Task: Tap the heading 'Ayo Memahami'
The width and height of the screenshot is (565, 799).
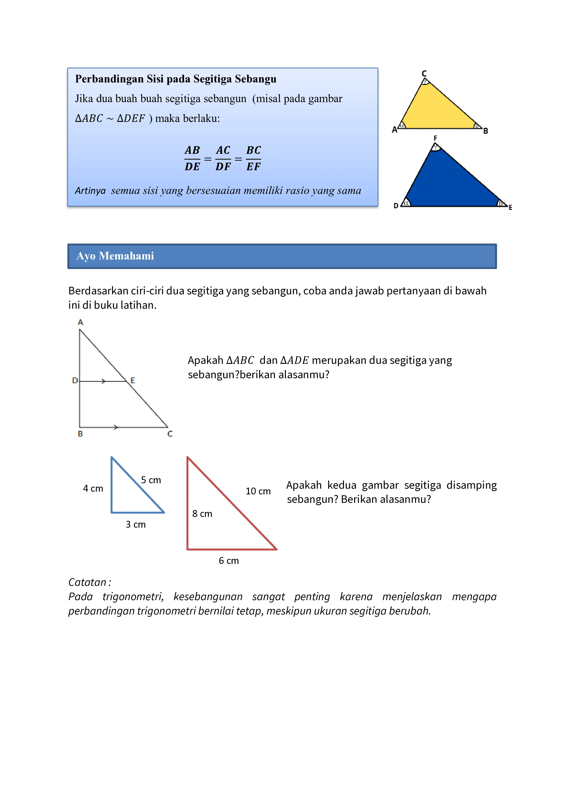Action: point(115,256)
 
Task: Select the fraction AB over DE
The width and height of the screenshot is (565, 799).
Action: point(192,158)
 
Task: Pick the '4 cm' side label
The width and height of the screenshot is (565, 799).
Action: point(93,489)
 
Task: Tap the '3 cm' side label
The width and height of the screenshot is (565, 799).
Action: point(136,524)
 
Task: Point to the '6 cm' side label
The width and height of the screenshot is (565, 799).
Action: point(229,561)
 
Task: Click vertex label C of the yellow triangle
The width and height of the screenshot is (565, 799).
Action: point(424,73)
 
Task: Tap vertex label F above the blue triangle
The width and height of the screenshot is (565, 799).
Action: point(435,138)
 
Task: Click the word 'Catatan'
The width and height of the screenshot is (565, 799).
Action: point(87,582)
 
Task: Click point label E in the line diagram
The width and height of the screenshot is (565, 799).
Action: point(133,380)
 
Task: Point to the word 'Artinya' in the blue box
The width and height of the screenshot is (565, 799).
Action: point(90,191)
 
